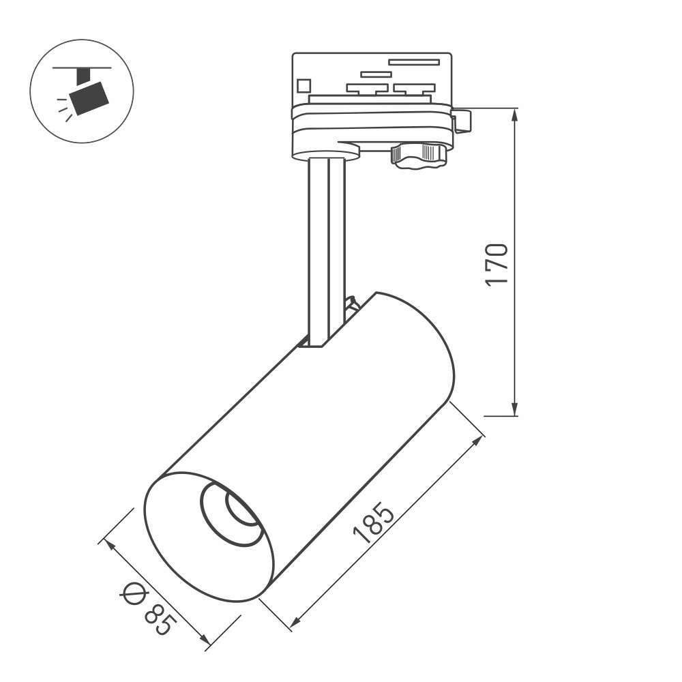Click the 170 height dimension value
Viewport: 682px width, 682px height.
(x=496, y=265)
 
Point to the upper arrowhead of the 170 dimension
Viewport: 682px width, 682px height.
(x=515, y=115)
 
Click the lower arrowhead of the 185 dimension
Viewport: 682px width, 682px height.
(x=296, y=621)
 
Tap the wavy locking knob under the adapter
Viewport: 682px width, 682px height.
(x=419, y=155)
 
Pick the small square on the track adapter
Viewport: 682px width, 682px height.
(x=303, y=85)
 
